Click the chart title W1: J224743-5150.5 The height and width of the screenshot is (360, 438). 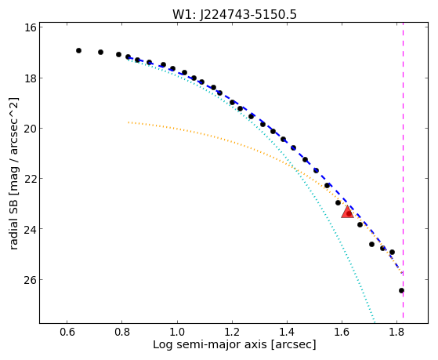pos(234,14)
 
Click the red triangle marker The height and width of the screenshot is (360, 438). pos(347,212)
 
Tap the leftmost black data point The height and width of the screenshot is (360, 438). pos(79,51)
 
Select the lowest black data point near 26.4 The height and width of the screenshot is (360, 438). pos(401,291)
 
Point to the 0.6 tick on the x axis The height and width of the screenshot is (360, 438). pos(67,332)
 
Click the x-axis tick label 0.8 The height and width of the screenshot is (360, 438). pos(121,332)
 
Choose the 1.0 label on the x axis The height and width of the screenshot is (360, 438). pos(177,332)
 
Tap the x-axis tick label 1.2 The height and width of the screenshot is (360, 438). pos(232,332)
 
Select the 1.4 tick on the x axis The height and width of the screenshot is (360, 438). pos(287,332)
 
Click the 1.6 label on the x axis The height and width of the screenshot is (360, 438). pos(342,332)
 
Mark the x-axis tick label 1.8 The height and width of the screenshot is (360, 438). pos(396,332)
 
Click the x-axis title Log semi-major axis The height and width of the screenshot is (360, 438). pos(210,345)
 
